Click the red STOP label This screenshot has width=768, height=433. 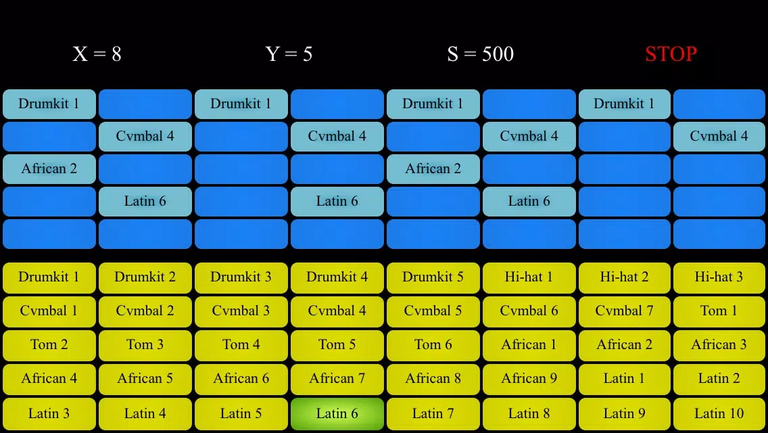click(x=671, y=54)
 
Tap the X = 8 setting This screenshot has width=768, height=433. click(x=97, y=54)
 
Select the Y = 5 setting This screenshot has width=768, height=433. click(x=289, y=54)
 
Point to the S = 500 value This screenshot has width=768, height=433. click(x=480, y=54)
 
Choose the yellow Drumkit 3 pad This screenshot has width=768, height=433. click(x=241, y=277)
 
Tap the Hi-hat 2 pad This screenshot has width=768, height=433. click(x=625, y=277)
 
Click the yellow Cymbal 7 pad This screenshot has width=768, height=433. click(x=625, y=311)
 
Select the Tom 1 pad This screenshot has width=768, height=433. click(x=719, y=311)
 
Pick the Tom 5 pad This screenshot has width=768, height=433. click(x=337, y=345)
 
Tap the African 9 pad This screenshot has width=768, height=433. click(x=529, y=379)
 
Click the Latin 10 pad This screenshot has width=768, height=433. click(x=719, y=414)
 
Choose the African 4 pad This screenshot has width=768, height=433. click(x=49, y=379)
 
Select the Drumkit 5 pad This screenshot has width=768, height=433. click(x=433, y=277)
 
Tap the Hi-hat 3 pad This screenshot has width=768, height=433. click(x=719, y=277)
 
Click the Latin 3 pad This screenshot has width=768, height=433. click(x=49, y=414)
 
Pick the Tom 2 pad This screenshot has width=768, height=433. click(x=49, y=345)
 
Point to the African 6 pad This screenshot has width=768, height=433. click(x=241, y=379)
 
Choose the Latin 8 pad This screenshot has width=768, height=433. click(x=529, y=414)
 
